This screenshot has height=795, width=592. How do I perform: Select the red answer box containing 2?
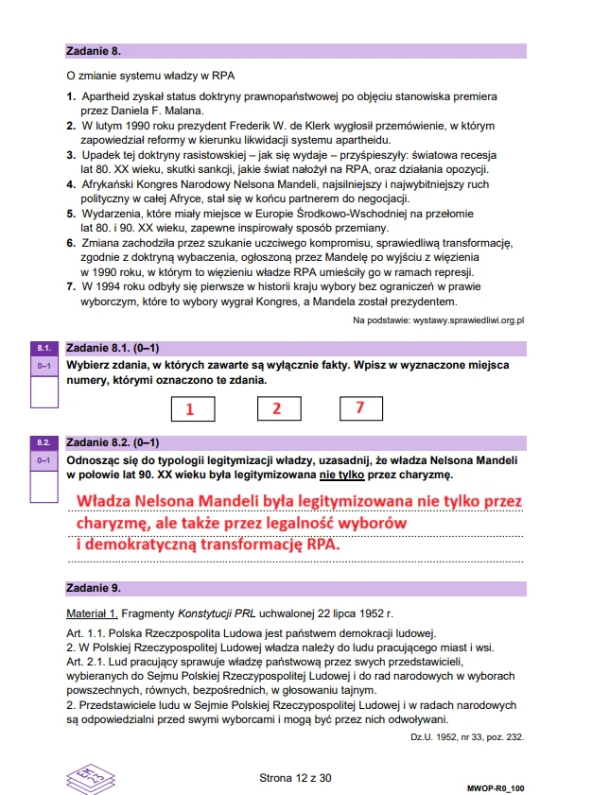coord(276,408)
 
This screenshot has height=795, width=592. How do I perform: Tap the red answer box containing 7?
coord(360,408)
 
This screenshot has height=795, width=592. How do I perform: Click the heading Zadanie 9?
coord(93,588)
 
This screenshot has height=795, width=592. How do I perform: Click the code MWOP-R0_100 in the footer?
coord(496,786)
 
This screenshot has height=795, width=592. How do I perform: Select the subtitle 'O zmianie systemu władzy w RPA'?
coord(149,76)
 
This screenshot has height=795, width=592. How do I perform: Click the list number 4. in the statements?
coord(70,185)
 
